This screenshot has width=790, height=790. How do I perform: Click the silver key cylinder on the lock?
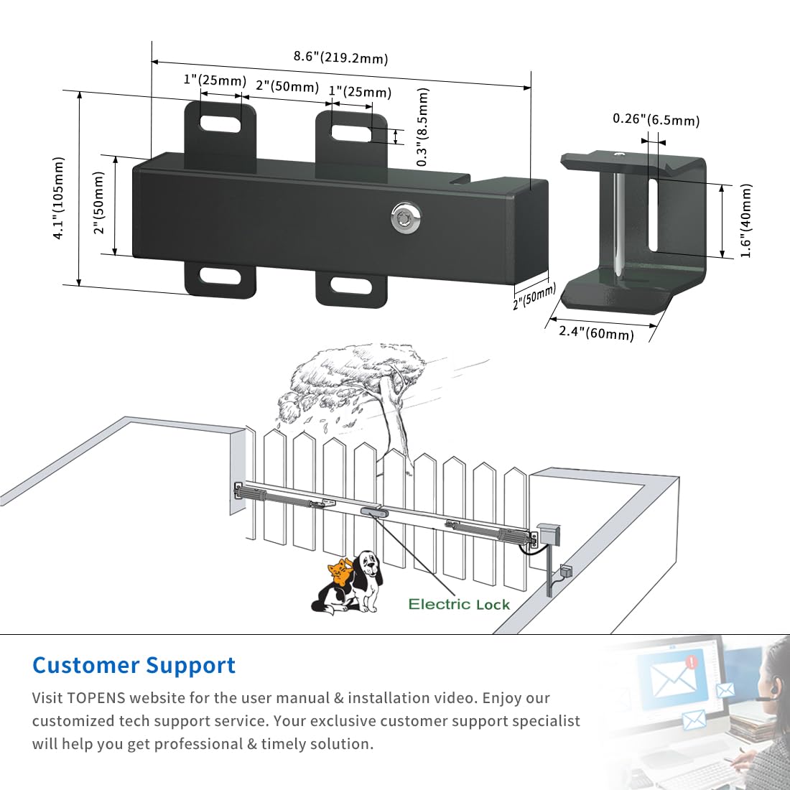point(406,218)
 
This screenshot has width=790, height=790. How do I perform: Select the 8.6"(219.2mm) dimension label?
point(341,57)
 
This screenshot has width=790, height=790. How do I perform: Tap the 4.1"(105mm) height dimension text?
point(59,198)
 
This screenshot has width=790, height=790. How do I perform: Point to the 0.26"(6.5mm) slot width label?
point(656,119)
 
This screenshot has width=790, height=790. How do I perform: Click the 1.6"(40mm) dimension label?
point(746,220)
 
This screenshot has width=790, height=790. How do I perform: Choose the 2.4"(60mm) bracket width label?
point(597,333)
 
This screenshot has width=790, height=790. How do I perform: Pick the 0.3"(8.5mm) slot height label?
point(423,127)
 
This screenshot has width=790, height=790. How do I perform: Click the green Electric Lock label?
point(459,604)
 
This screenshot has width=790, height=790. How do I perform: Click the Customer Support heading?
point(134,665)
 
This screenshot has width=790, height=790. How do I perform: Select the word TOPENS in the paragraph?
point(96,698)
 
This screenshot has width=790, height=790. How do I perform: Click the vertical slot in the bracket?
point(653,215)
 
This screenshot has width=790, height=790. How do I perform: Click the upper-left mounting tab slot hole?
point(220,124)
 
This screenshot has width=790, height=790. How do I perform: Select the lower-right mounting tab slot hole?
point(351,286)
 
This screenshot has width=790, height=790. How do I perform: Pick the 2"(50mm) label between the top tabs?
point(287,86)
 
